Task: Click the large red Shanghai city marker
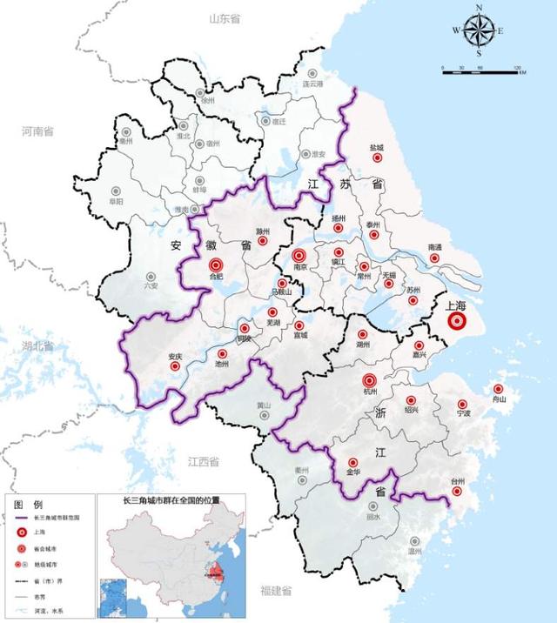[457, 322]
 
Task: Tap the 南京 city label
[299, 270]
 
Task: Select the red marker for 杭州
[369, 380]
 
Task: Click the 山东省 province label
[225, 18]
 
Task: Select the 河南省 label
[37, 131]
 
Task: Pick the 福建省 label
[279, 591]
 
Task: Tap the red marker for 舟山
[498, 389]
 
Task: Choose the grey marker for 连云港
[312, 74]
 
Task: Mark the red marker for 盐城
[378, 158]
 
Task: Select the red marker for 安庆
[175, 366]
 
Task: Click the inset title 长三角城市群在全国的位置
[171, 502]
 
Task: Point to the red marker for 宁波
[462, 404]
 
